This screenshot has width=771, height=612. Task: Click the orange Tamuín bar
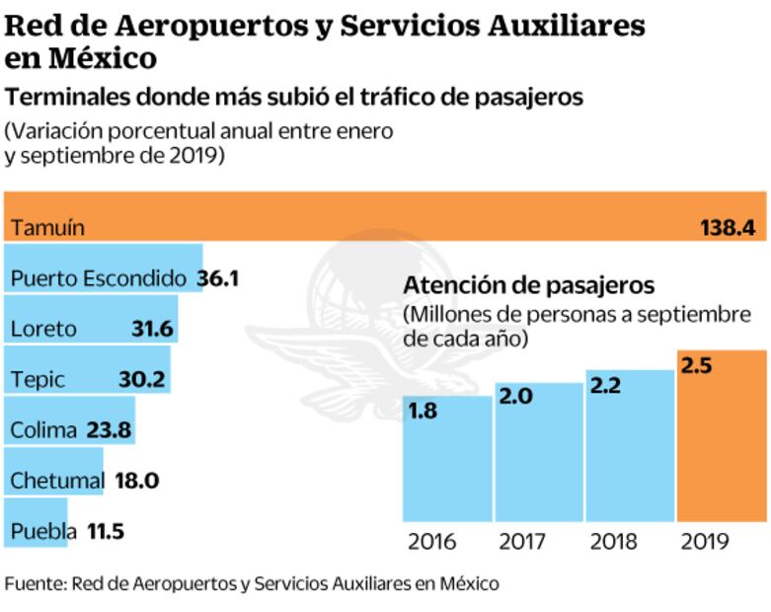tap(385, 215)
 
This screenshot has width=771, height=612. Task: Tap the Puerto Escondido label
tap(98, 277)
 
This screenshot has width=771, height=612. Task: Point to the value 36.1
tap(217, 277)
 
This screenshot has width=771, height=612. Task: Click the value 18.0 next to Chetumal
tap(137, 481)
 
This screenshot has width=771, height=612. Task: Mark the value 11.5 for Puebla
tap(105, 532)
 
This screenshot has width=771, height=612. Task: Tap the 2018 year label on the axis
tap(613, 542)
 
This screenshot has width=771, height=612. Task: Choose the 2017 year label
tap(522, 542)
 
